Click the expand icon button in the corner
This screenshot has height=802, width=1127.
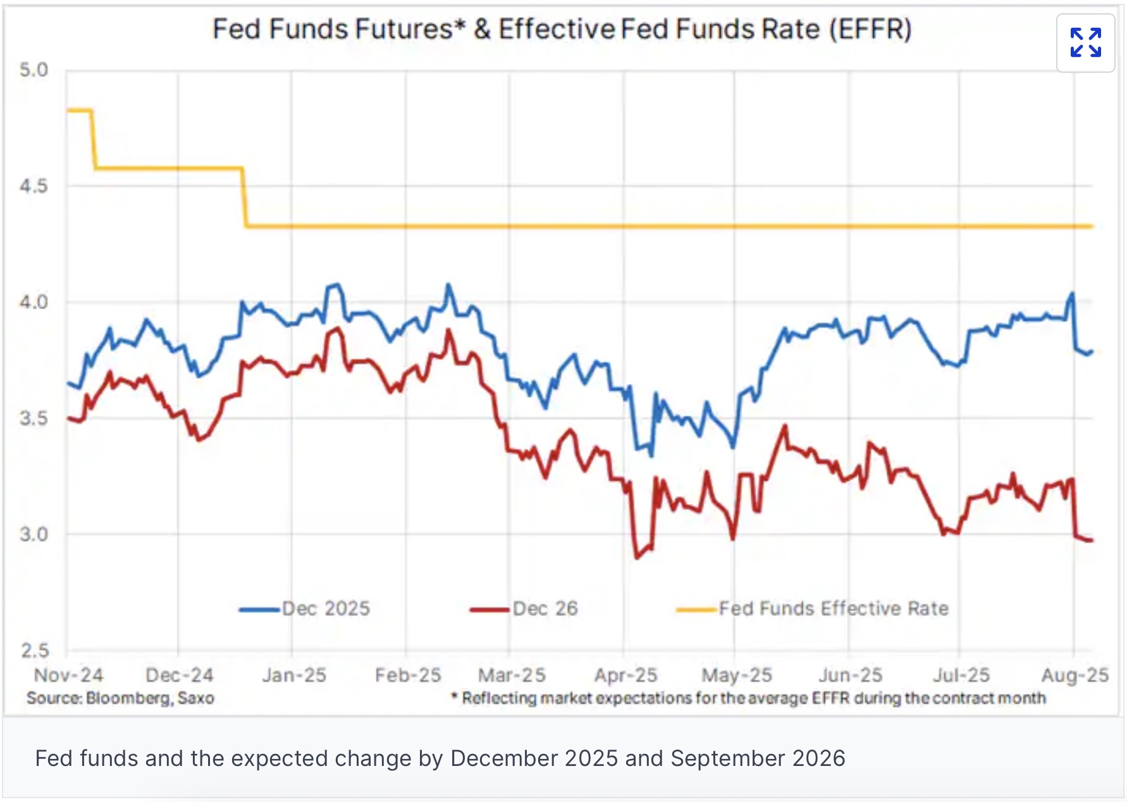tap(1085, 43)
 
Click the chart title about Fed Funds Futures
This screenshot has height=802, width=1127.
tap(562, 30)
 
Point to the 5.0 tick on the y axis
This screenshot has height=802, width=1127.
tap(34, 70)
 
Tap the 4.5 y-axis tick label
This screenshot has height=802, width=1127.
tap(34, 186)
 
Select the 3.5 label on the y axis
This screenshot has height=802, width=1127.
tap(34, 419)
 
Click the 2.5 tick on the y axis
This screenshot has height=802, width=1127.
tap(34, 650)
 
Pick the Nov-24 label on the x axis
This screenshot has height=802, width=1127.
tap(68, 676)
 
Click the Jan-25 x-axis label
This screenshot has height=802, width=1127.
tap(294, 676)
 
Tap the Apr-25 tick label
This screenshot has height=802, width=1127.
tap(625, 676)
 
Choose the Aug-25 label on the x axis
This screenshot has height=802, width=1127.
tap(1075, 676)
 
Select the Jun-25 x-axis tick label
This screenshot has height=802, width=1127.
tap(850, 676)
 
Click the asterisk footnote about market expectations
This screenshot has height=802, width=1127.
tap(749, 698)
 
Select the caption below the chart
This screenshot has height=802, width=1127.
tap(440, 758)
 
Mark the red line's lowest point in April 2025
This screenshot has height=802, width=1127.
tap(636, 558)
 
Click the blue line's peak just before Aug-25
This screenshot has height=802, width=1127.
tap(1071, 293)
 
